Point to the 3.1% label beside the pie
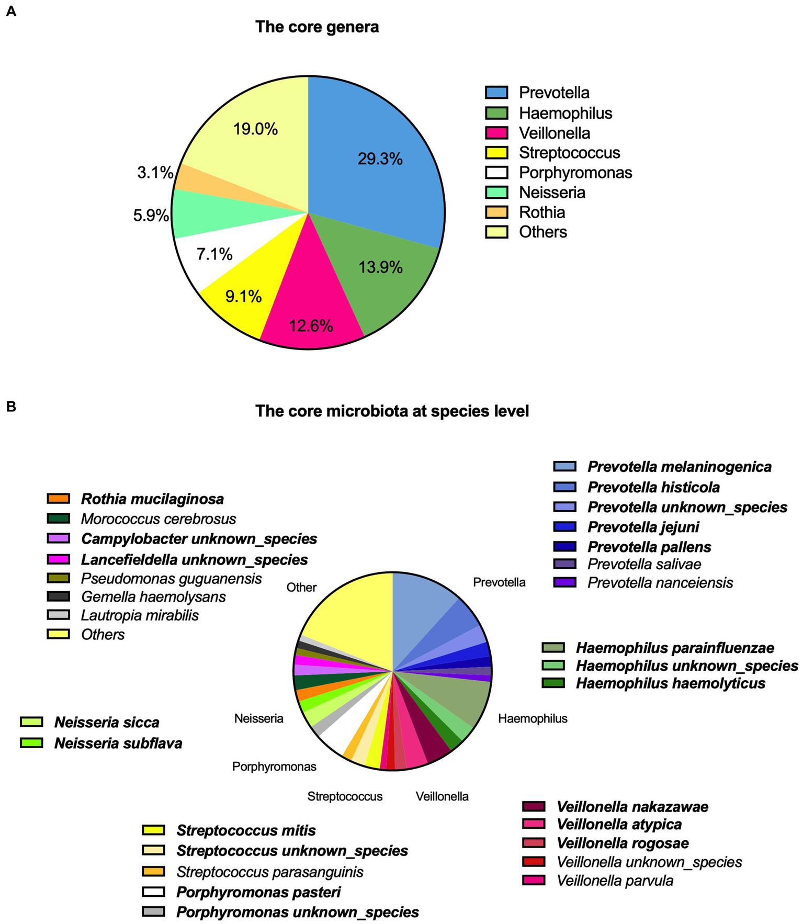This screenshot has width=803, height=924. click(155, 173)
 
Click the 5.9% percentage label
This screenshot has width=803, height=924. click(151, 215)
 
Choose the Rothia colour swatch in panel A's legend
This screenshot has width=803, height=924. click(496, 212)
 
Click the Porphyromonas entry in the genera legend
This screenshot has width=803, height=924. click(575, 172)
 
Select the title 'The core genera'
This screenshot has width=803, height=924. click(317, 27)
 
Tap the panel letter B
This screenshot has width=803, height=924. click(11, 406)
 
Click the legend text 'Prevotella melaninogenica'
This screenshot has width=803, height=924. click(679, 467)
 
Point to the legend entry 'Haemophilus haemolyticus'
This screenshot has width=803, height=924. click(670, 683)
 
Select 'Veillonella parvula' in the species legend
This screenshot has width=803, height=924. click(615, 881)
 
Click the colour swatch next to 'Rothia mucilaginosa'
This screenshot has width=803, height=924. click(58, 499)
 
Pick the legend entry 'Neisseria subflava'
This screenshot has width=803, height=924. click(118, 743)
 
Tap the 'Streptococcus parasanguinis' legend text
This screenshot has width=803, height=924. click(269, 872)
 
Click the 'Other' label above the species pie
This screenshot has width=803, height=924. click(301, 587)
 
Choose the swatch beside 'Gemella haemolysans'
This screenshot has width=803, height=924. click(58, 596)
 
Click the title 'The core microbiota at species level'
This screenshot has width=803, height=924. click(392, 411)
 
